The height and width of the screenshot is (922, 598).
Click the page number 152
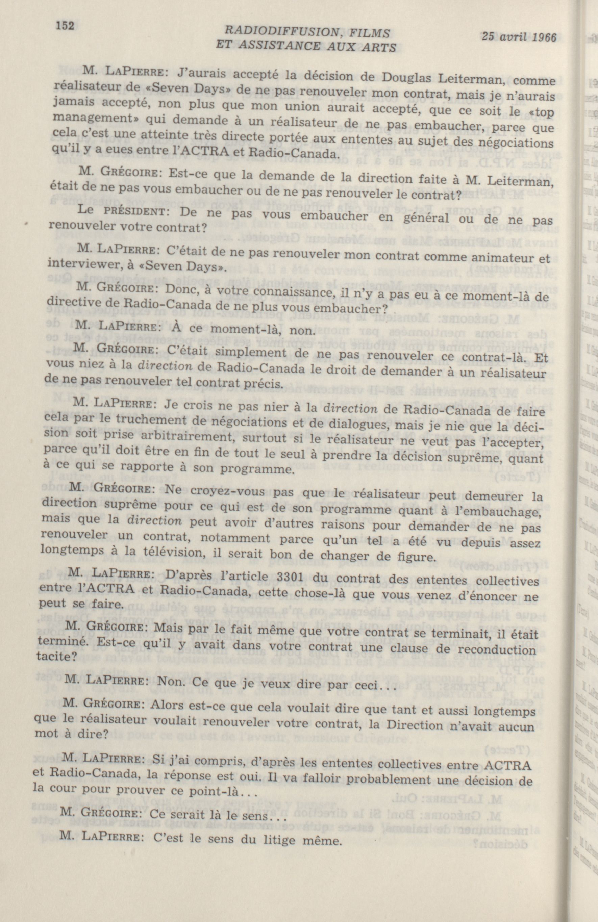pyautogui.click(x=65, y=26)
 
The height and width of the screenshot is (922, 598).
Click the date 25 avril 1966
pyautogui.click(x=519, y=37)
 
